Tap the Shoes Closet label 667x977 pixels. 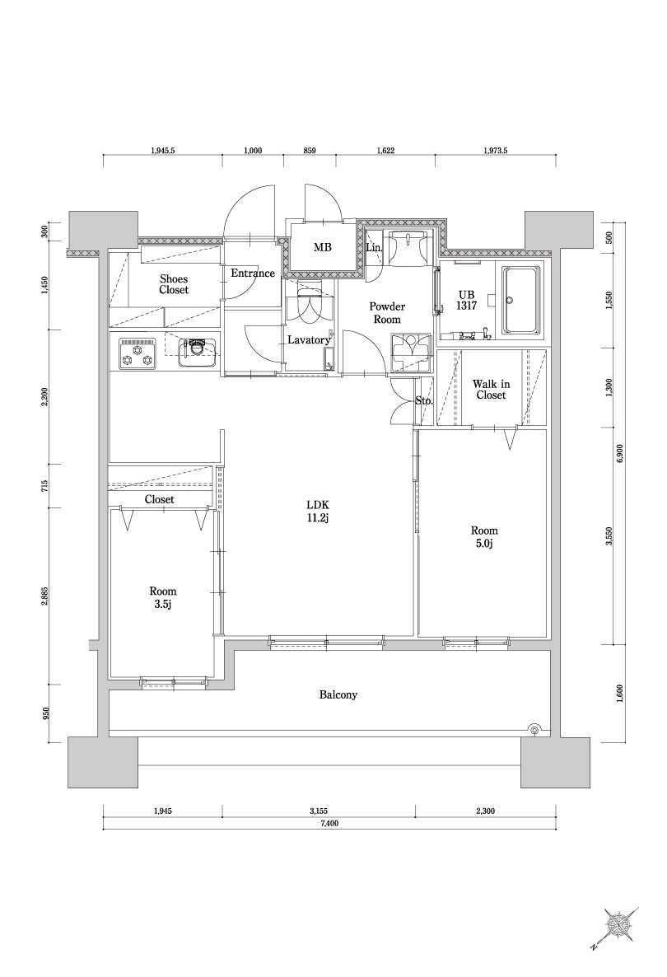click(x=174, y=284)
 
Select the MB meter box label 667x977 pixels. click(x=322, y=247)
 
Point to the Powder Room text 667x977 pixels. click(x=387, y=313)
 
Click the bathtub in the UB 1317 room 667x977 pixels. click(x=523, y=301)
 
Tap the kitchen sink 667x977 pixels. click(x=196, y=353)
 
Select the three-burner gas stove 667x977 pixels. click(x=138, y=353)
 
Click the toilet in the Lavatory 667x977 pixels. click(x=308, y=304)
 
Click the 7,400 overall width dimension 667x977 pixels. click(x=329, y=823)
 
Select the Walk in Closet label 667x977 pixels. click(x=491, y=390)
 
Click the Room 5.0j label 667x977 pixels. click(x=484, y=537)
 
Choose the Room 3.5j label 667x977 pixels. click(x=162, y=597)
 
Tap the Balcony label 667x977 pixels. click(x=338, y=694)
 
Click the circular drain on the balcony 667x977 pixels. click(x=534, y=728)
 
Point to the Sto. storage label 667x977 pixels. click(x=424, y=401)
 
